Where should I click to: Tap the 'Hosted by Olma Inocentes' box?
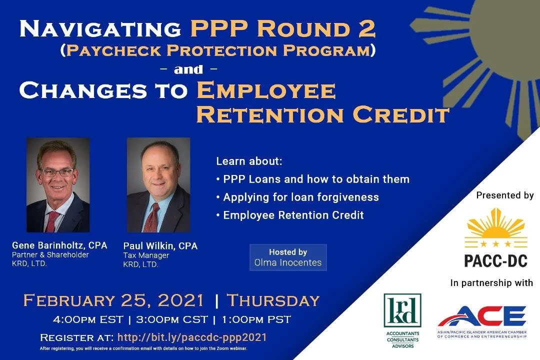tap(288, 257)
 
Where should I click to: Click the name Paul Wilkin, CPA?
tap(160, 246)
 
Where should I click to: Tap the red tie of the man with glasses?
tap(52, 220)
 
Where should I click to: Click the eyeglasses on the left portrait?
tap(57, 172)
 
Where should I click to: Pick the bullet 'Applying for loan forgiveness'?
tap(300, 197)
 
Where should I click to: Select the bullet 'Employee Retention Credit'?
tap(293, 215)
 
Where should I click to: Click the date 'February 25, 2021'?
tap(113, 300)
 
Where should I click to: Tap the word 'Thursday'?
tap(273, 300)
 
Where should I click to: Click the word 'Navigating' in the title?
tap(100, 29)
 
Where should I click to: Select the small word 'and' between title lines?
tap(188, 69)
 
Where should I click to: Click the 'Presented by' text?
tap(504, 195)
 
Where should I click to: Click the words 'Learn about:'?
tap(249, 161)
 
